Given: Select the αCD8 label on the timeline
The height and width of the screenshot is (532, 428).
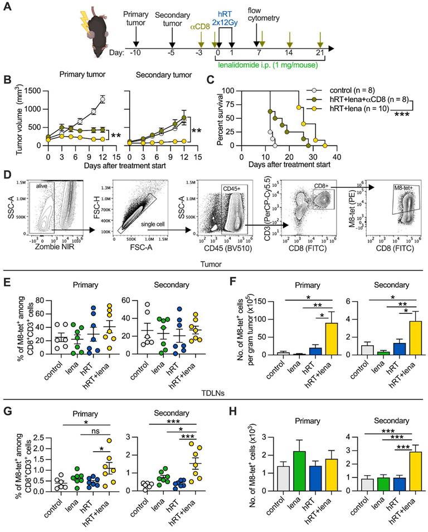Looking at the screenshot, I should click(200, 26).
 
